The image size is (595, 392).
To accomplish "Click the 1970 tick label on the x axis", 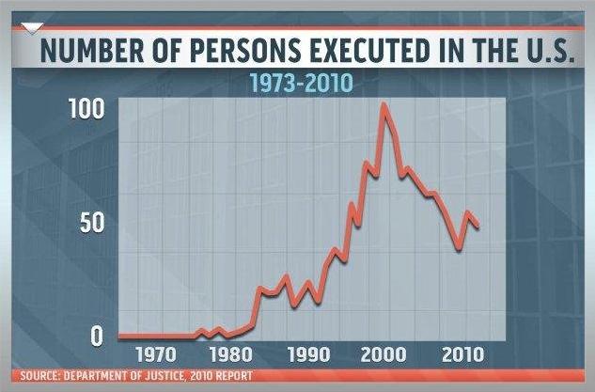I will point(155,355).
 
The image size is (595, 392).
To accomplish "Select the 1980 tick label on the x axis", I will point(229,355).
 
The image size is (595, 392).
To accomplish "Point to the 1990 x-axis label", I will point(306,355).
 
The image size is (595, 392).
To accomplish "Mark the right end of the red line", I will point(478,227).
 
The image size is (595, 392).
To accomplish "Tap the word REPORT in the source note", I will point(232,378).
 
